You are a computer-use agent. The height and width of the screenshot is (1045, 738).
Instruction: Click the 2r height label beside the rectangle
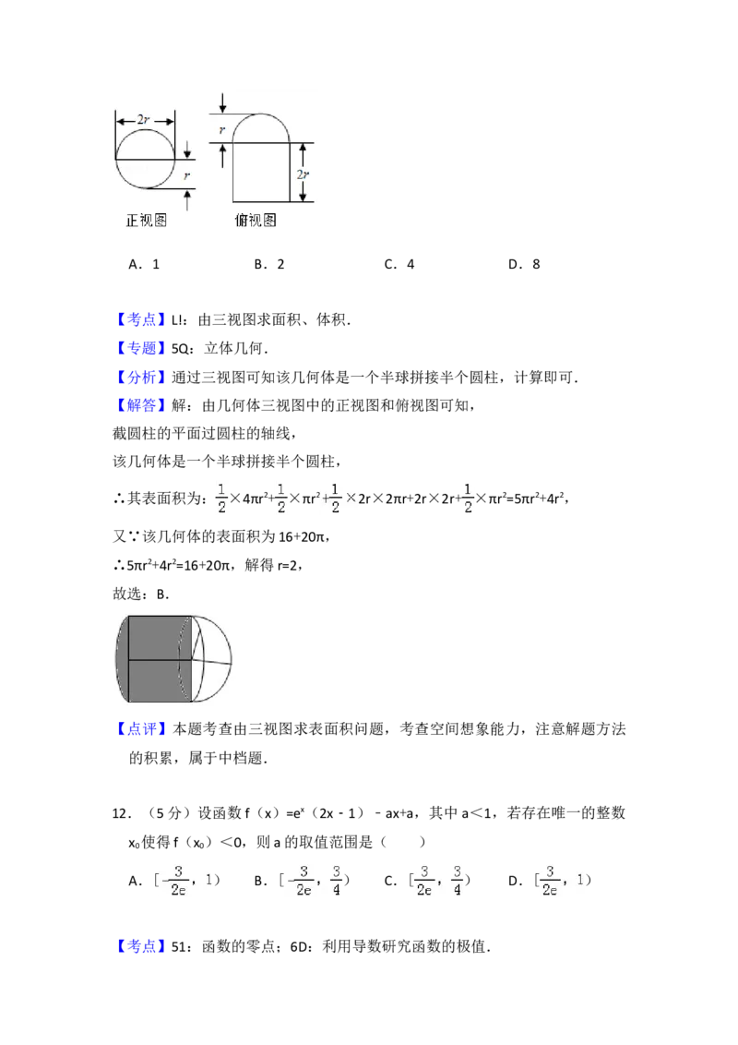(x=303, y=174)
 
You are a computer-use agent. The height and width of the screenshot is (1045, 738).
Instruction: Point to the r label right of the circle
(x=188, y=174)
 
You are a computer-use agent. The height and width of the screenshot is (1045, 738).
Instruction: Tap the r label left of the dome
(x=221, y=130)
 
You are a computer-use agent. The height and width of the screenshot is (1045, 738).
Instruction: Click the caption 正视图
(x=146, y=221)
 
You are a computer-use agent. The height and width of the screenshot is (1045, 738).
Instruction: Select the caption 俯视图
(x=256, y=221)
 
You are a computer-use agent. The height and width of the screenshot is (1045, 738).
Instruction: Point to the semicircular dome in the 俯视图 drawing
(x=261, y=128)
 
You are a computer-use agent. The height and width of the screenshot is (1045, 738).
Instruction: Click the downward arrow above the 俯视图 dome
(x=222, y=102)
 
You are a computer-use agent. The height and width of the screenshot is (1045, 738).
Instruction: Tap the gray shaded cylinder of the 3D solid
(x=159, y=660)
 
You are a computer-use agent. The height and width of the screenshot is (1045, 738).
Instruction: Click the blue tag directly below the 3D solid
(x=143, y=729)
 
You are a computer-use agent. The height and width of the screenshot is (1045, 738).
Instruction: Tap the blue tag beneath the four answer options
(x=143, y=948)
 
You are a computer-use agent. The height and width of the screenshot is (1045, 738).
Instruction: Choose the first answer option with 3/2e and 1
(x=185, y=880)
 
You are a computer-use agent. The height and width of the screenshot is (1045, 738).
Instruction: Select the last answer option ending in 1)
(x=565, y=880)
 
